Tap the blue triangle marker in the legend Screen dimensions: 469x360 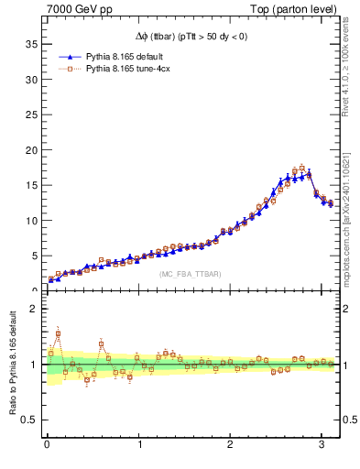tap(70, 55)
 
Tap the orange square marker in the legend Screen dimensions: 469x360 tap(70, 68)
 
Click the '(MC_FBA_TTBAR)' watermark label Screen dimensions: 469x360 tap(190, 274)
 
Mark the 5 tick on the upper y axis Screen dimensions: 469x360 tap(36, 256)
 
